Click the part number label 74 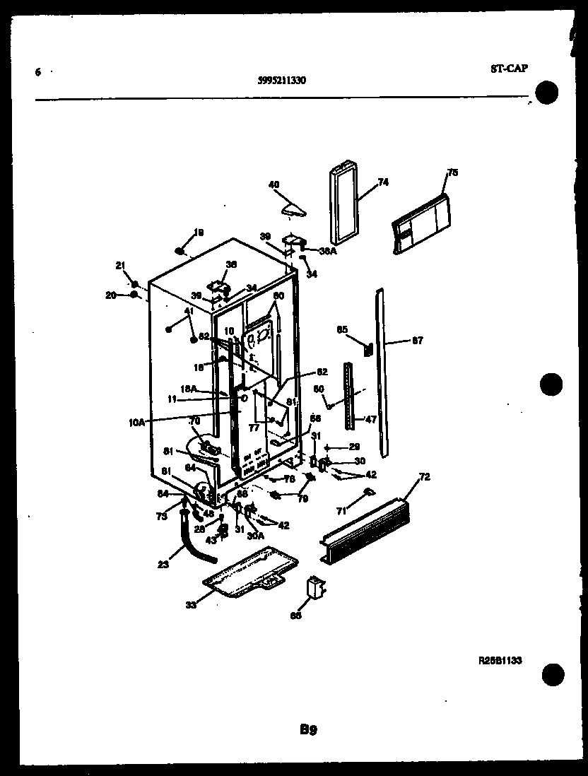pyautogui.click(x=383, y=182)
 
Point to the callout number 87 pyautogui.click(x=417, y=341)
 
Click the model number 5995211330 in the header pyautogui.click(x=281, y=80)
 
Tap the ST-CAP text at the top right pyautogui.click(x=508, y=69)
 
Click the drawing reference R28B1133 pyautogui.click(x=500, y=660)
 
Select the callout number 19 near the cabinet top pyautogui.click(x=199, y=233)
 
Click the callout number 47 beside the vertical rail pyautogui.click(x=370, y=419)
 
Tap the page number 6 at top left pyautogui.click(x=37, y=72)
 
